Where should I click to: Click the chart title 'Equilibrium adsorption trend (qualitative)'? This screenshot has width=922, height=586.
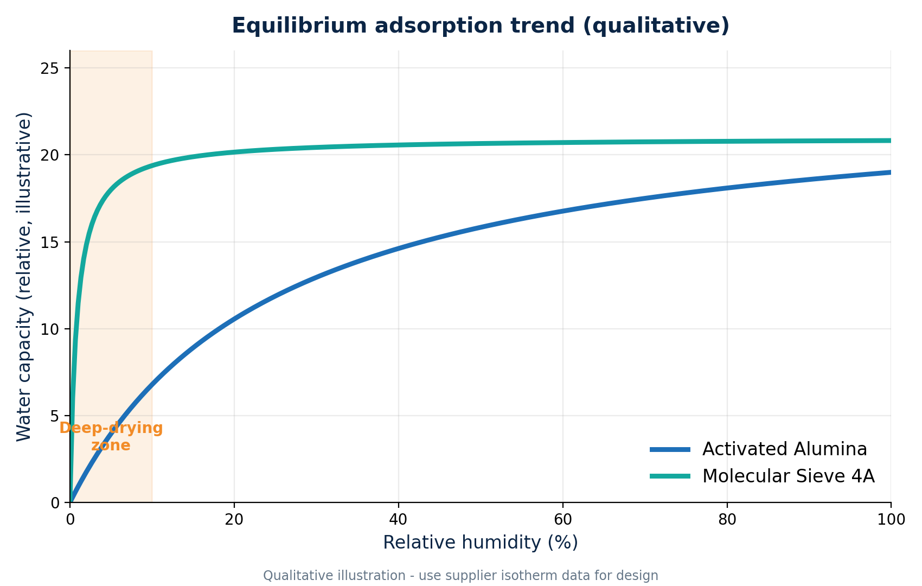[x=481, y=26]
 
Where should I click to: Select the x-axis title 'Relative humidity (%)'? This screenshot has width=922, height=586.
[x=481, y=543]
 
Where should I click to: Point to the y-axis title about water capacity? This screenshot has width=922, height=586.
[x=24, y=277]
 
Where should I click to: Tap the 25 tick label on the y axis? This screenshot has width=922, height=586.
[x=49, y=68]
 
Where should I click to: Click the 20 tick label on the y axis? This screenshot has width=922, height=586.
[x=49, y=155]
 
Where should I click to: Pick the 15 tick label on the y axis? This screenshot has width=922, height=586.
[x=49, y=242]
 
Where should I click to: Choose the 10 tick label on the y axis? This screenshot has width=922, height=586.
[x=49, y=329]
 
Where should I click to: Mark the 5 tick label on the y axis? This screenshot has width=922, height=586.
[x=54, y=416]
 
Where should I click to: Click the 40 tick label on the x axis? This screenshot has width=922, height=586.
[x=399, y=520]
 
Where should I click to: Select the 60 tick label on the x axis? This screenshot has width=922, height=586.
[x=562, y=520]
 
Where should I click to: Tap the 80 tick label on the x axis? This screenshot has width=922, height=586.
[x=727, y=520]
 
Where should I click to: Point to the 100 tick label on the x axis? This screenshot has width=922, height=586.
[x=891, y=520]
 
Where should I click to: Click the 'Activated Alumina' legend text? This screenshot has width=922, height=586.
[x=785, y=449]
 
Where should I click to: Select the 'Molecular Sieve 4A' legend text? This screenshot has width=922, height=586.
[x=788, y=476]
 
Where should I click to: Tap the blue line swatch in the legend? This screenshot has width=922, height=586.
[x=670, y=450]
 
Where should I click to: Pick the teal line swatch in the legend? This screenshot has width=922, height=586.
[x=670, y=476]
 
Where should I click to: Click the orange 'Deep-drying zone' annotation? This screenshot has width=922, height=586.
[x=111, y=437]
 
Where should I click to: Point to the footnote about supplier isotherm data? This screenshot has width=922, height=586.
[x=460, y=576]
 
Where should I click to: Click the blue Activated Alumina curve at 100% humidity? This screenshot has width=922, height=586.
[x=891, y=173]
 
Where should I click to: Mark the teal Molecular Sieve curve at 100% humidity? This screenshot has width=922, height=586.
[x=891, y=141]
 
